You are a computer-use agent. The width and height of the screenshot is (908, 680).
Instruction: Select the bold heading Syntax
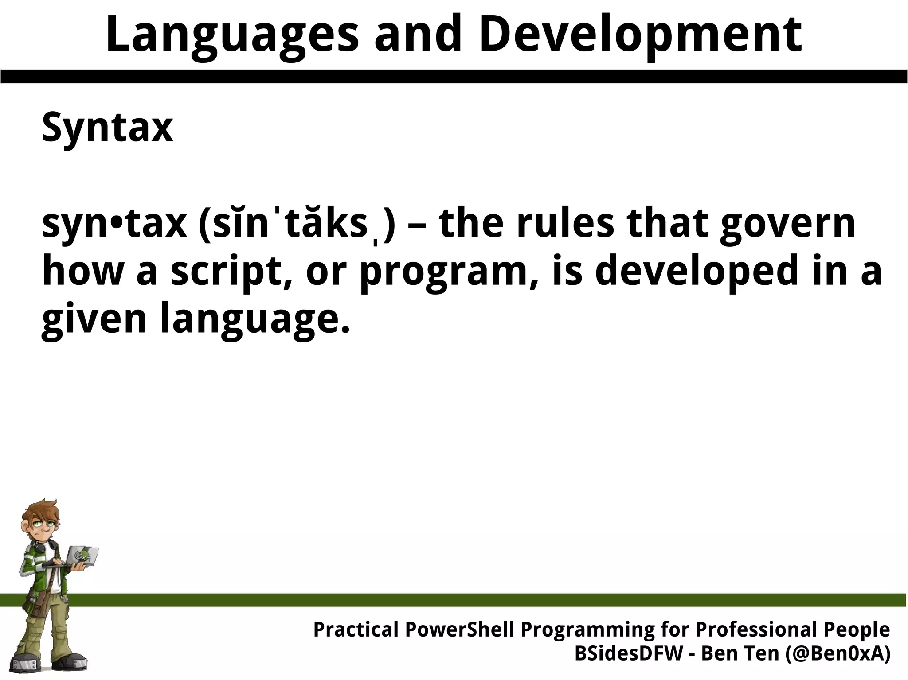pos(107,127)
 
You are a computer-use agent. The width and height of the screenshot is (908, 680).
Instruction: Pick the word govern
pos(787,224)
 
